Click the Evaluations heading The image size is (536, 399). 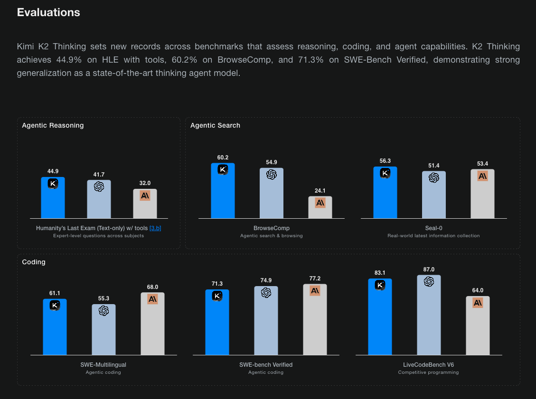click(48, 12)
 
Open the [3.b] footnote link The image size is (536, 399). click(155, 228)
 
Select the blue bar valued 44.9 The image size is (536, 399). click(53, 197)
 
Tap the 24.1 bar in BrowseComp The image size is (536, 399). click(320, 207)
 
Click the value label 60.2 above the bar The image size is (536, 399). click(223, 158)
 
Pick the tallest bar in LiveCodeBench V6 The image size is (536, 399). click(429, 315)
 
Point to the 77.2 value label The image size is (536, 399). click(315, 278)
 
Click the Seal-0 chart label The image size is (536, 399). click(433, 228)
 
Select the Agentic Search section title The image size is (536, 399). click(216, 125)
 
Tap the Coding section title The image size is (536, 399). click(34, 262)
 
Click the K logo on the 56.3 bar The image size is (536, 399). click(385, 173)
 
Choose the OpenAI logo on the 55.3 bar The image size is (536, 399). click(103, 311)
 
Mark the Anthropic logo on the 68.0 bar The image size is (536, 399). click(152, 299)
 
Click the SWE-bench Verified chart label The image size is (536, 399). click(266, 365)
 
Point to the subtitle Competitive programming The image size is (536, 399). click(428, 372)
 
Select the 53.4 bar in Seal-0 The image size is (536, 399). click(482, 194)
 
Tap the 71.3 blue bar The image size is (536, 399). click(217, 322)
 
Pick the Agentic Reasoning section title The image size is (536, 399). click(53, 125)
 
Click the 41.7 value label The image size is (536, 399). click(99, 175)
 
